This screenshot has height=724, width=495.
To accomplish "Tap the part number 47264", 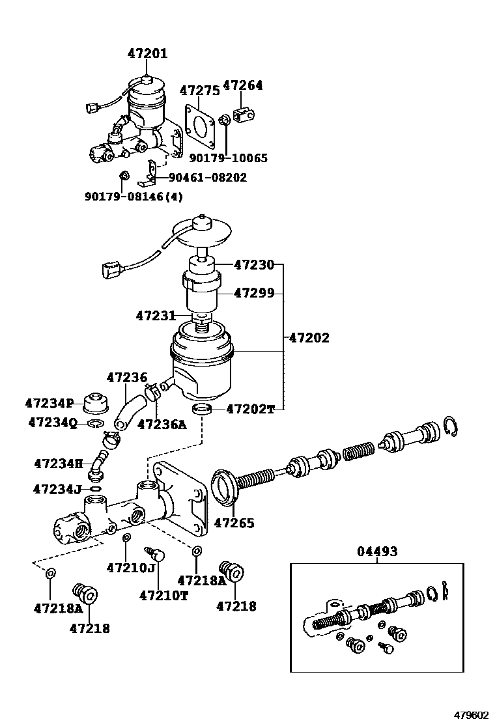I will click(x=242, y=85).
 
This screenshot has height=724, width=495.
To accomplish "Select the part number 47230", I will click(x=254, y=265).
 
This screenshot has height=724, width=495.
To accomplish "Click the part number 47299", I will click(x=254, y=293).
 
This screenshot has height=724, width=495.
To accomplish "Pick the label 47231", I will click(x=156, y=316).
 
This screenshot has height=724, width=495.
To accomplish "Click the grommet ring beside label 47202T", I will click(x=203, y=409).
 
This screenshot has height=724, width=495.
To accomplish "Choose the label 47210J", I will click(x=130, y=568).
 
